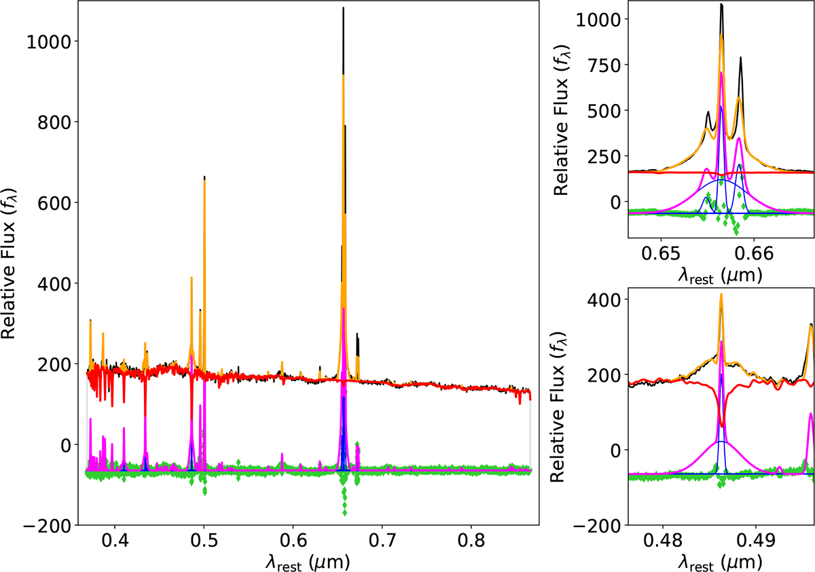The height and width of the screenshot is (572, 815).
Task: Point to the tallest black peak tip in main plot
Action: [343, 8]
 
